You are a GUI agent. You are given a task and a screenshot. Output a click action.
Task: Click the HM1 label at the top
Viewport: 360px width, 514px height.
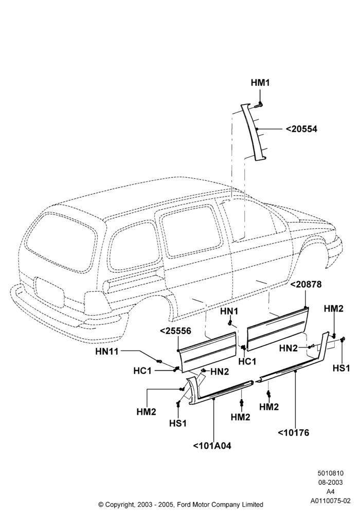260,83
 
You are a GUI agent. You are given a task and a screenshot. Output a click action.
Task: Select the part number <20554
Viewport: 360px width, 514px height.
301,129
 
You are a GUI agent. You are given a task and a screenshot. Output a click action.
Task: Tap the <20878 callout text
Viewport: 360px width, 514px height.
306,285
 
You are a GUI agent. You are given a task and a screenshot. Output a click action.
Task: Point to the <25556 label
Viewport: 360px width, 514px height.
175,331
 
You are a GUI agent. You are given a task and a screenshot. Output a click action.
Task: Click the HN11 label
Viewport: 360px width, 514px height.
106,352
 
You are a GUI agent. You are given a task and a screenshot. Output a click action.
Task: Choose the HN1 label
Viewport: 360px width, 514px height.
229,311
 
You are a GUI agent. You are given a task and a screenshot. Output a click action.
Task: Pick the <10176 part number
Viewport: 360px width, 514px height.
294,433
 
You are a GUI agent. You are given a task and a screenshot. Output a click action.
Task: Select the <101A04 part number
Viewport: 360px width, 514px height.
212,446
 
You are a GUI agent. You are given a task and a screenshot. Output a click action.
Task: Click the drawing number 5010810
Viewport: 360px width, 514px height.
330,473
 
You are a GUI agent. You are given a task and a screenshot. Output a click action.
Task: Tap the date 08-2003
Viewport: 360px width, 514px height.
330,482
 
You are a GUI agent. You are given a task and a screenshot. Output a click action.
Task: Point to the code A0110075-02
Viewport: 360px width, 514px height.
330,501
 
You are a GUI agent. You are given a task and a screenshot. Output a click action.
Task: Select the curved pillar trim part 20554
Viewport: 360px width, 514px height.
255,133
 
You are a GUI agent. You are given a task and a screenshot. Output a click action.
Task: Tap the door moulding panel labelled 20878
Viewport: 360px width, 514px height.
278,328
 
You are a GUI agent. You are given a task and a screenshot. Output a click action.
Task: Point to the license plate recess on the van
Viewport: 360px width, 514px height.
49,292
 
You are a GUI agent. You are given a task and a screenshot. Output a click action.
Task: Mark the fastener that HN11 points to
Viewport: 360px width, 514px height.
159,361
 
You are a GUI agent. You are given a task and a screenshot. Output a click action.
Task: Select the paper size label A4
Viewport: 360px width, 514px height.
330,492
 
